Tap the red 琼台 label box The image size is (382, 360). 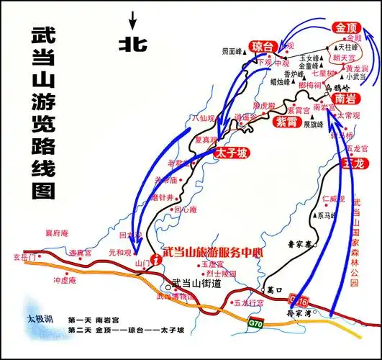coord(262,47)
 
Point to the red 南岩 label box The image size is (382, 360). coord(345,99)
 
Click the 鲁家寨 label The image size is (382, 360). coord(293,244)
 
